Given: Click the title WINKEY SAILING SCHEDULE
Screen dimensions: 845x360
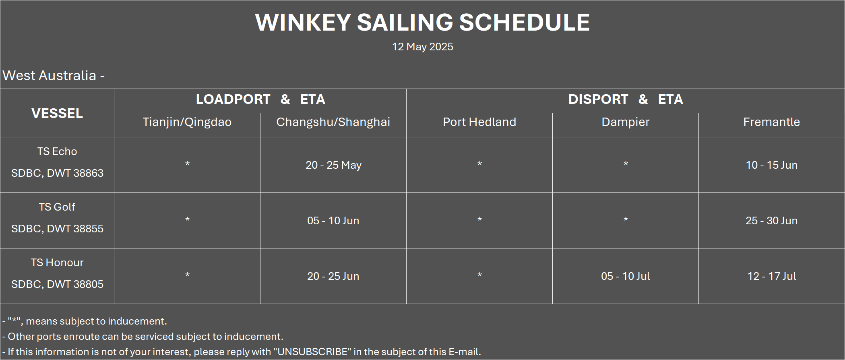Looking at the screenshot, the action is pyautogui.click(x=422, y=22).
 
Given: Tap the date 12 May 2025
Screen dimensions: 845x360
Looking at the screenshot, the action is pyautogui.click(x=422, y=47).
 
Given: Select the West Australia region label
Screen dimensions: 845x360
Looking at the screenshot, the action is pyautogui.click(x=53, y=75).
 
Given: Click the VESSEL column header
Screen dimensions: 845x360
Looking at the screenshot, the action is pyautogui.click(x=57, y=113).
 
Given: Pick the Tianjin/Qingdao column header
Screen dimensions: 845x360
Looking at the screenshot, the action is pyautogui.click(x=187, y=122).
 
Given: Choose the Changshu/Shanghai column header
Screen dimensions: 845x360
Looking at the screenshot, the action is pyautogui.click(x=333, y=122).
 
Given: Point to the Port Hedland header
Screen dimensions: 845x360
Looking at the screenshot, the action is pyautogui.click(x=479, y=122).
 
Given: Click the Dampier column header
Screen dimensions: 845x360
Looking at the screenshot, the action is pyautogui.click(x=626, y=122).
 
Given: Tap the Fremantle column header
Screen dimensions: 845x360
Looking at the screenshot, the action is pyautogui.click(x=772, y=122).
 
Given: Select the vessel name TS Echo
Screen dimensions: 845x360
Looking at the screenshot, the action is pyautogui.click(x=57, y=151).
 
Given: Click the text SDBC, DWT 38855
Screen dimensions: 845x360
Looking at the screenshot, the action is pyautogui.click(x=57, y=229).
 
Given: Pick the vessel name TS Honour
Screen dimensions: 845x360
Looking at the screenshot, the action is pyautogui.click(x=57, y=263).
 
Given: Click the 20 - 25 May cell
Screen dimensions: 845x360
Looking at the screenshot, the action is pyautogui.click(x=333, y=165).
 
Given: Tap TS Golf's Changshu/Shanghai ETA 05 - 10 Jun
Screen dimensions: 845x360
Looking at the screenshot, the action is pyautogui.click(x=333, y=221).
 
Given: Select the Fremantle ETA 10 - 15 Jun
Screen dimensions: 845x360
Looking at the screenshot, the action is pyautogui.click(x=772, y=165).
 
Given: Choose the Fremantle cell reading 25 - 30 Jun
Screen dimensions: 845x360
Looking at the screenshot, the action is pyautogui.click(x=772, y=221).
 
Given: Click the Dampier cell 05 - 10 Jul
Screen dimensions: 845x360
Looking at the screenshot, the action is pyautogui.click(x=626, y=276).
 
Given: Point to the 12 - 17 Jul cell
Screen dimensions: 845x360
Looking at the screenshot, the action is pyautogui.click(x=772, y=276).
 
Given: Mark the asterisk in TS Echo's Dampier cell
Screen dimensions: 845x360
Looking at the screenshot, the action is pyautogui.click(x=626, y=163).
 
